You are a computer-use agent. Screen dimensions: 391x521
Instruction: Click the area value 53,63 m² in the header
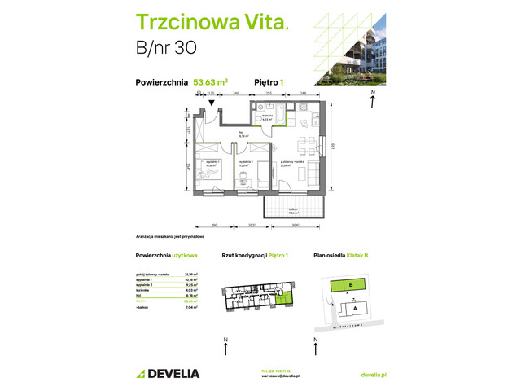click(211, 81)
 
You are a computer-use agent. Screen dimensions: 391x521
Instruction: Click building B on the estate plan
click(349, 285)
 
